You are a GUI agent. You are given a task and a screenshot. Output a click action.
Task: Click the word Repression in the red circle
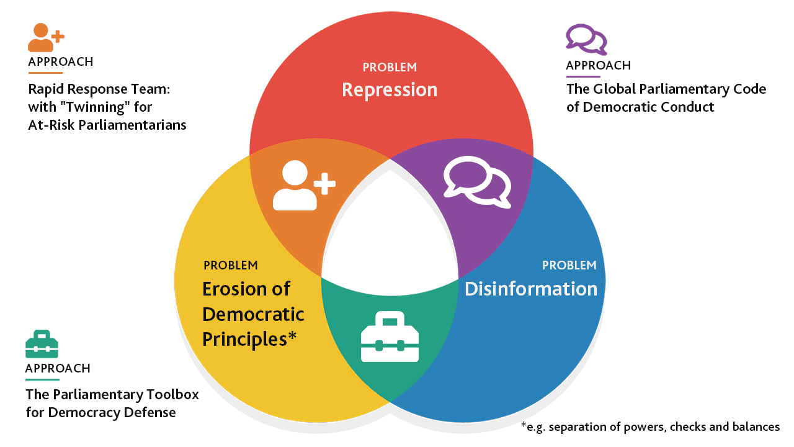(390, 89)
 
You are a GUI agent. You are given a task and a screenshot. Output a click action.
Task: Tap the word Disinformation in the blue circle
(531, 289)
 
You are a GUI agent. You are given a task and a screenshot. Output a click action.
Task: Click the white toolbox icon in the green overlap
(390, 337)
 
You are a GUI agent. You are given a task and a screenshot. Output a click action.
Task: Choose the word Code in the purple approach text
(751, 89)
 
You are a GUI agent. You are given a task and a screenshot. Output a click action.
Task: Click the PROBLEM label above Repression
(390, 67)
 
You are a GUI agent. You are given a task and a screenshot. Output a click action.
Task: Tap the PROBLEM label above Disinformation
(569, 266)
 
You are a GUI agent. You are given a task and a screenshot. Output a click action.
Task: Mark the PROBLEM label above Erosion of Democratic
(230, 266)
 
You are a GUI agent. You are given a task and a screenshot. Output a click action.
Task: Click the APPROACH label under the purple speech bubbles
(598, 66)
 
